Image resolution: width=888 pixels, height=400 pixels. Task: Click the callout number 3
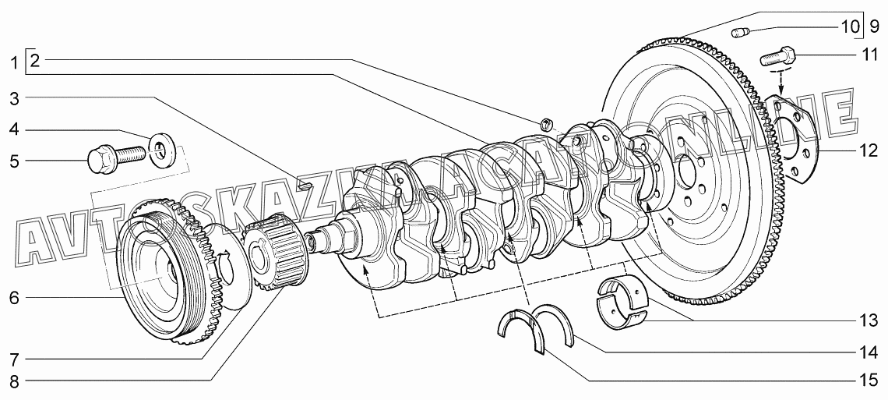coord(14,99)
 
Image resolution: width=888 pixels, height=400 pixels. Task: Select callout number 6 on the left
coord(14,297)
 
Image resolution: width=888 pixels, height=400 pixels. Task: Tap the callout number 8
coord(14,381)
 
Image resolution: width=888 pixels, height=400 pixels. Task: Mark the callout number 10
coord(850,27)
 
